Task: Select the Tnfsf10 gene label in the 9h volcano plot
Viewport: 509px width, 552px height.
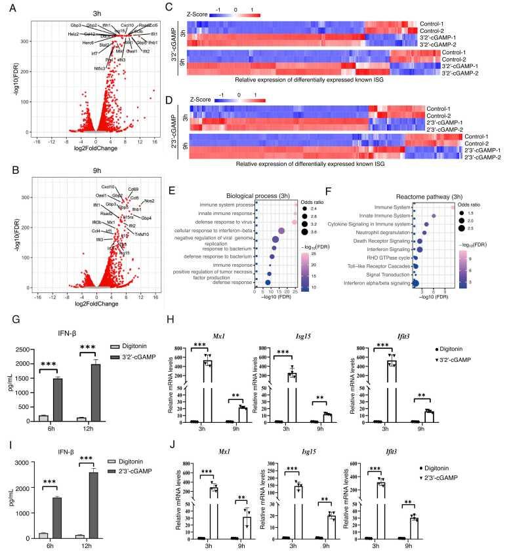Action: (143, 234)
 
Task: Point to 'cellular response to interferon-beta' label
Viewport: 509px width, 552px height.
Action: (213, 230)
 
